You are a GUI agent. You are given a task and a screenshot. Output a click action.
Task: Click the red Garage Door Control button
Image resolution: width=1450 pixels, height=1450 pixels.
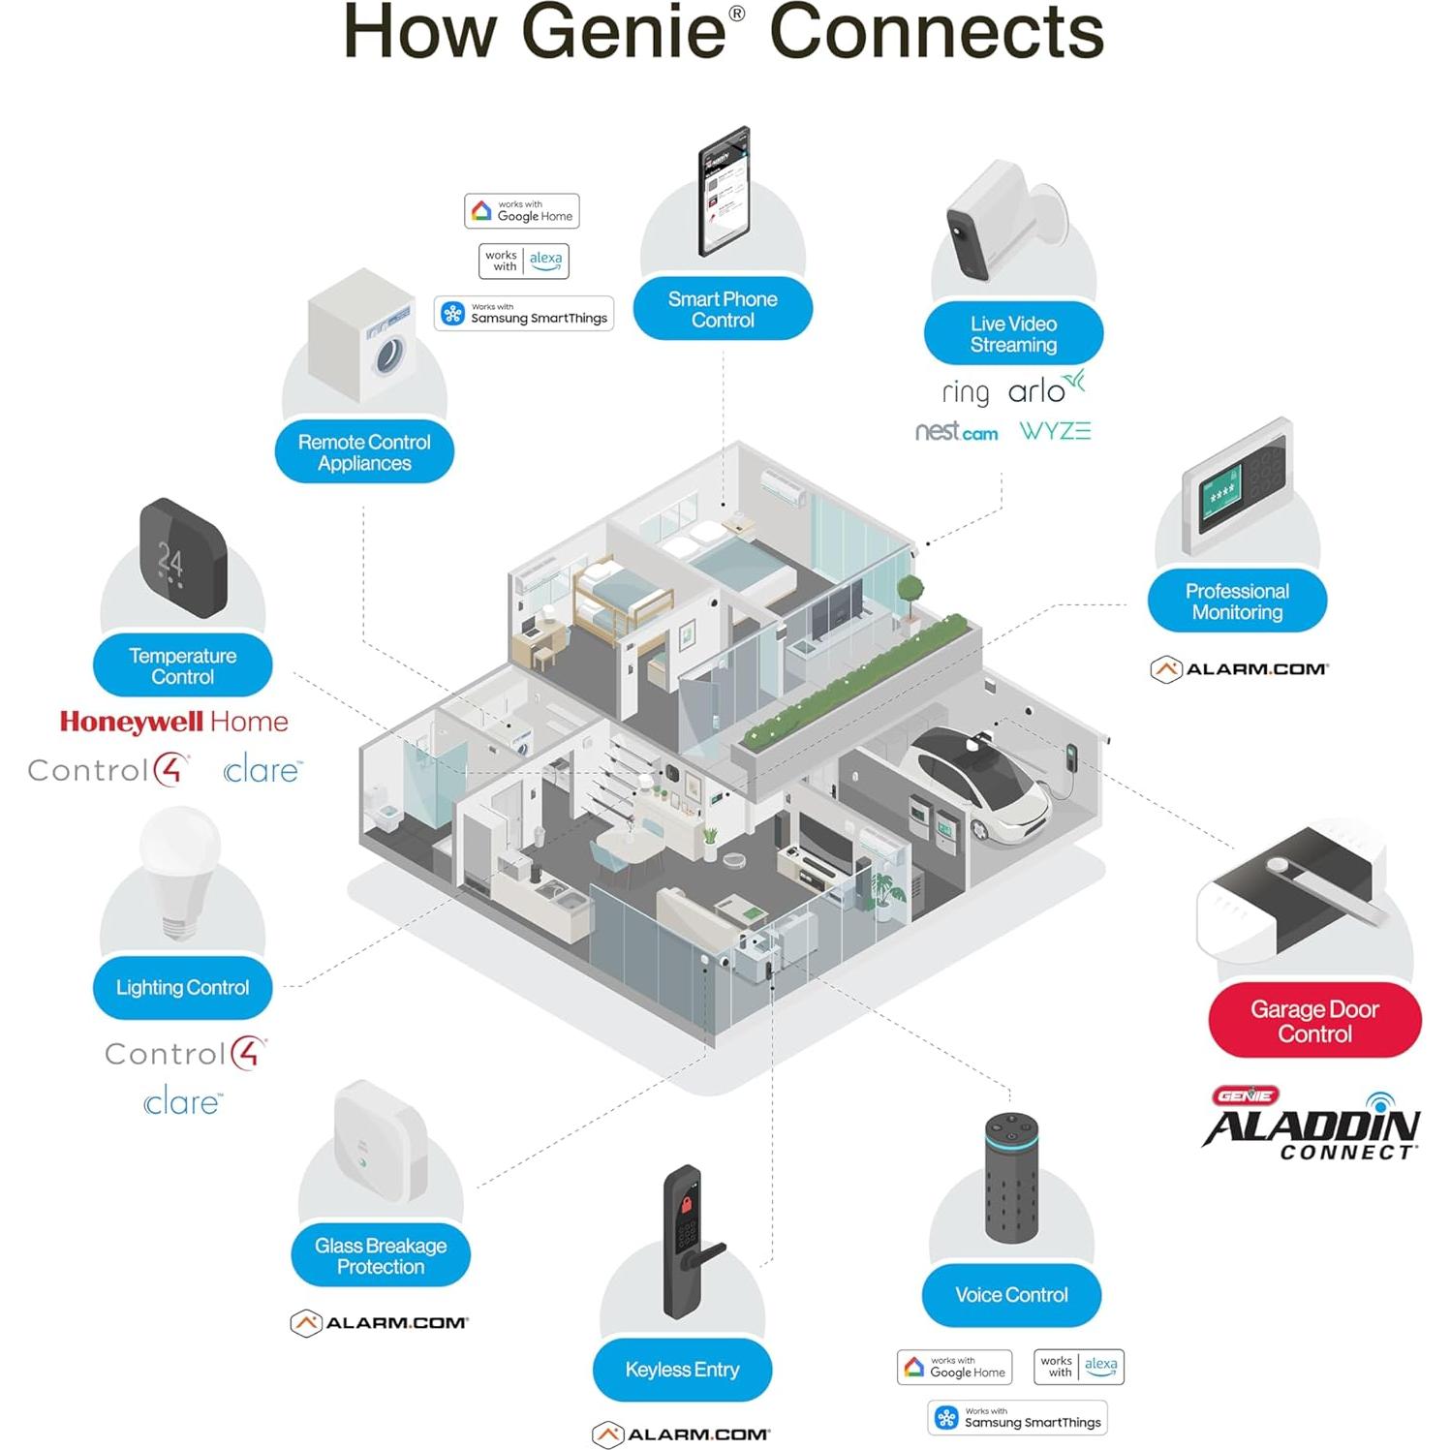pos(1313,1020)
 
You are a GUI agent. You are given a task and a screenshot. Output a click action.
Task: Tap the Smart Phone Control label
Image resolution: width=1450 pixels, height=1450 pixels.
pos(723,309)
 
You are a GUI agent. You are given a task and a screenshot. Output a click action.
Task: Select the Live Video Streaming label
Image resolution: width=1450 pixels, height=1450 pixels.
pos(1013,334)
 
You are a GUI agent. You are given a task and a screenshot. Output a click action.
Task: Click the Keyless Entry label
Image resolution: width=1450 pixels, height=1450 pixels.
pos(682,1369)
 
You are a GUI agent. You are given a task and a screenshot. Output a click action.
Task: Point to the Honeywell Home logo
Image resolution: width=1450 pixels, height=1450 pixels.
pos(173,722)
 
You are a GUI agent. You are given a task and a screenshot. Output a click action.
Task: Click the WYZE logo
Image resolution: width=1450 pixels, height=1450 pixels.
pos(1054,431)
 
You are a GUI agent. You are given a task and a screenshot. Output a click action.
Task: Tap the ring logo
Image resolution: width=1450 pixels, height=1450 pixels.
pos(965,392)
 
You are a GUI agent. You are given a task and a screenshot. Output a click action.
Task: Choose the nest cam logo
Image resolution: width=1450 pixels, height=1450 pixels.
pos(956,432)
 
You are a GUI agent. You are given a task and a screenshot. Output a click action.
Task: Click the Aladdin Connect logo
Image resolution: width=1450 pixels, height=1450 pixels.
pos(1311,1126)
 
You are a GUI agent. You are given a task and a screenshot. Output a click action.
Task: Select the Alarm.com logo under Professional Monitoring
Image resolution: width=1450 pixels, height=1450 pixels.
pos(1240,668)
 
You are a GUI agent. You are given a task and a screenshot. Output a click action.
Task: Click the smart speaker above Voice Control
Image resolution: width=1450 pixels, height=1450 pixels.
pos(1011,1177)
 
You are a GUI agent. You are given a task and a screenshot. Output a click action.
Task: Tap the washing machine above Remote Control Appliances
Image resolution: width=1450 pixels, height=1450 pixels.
pos(363,336)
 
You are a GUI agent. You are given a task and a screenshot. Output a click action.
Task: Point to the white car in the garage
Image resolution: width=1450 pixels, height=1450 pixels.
pos(978,780)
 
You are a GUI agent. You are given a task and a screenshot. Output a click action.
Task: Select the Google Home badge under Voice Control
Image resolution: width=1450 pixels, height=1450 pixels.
pos(954,1367)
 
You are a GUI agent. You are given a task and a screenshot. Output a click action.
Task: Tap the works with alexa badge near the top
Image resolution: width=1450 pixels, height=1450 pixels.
pos(524,261)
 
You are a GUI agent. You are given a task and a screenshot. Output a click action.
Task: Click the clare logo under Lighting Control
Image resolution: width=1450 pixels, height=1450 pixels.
pos(182,1102)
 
